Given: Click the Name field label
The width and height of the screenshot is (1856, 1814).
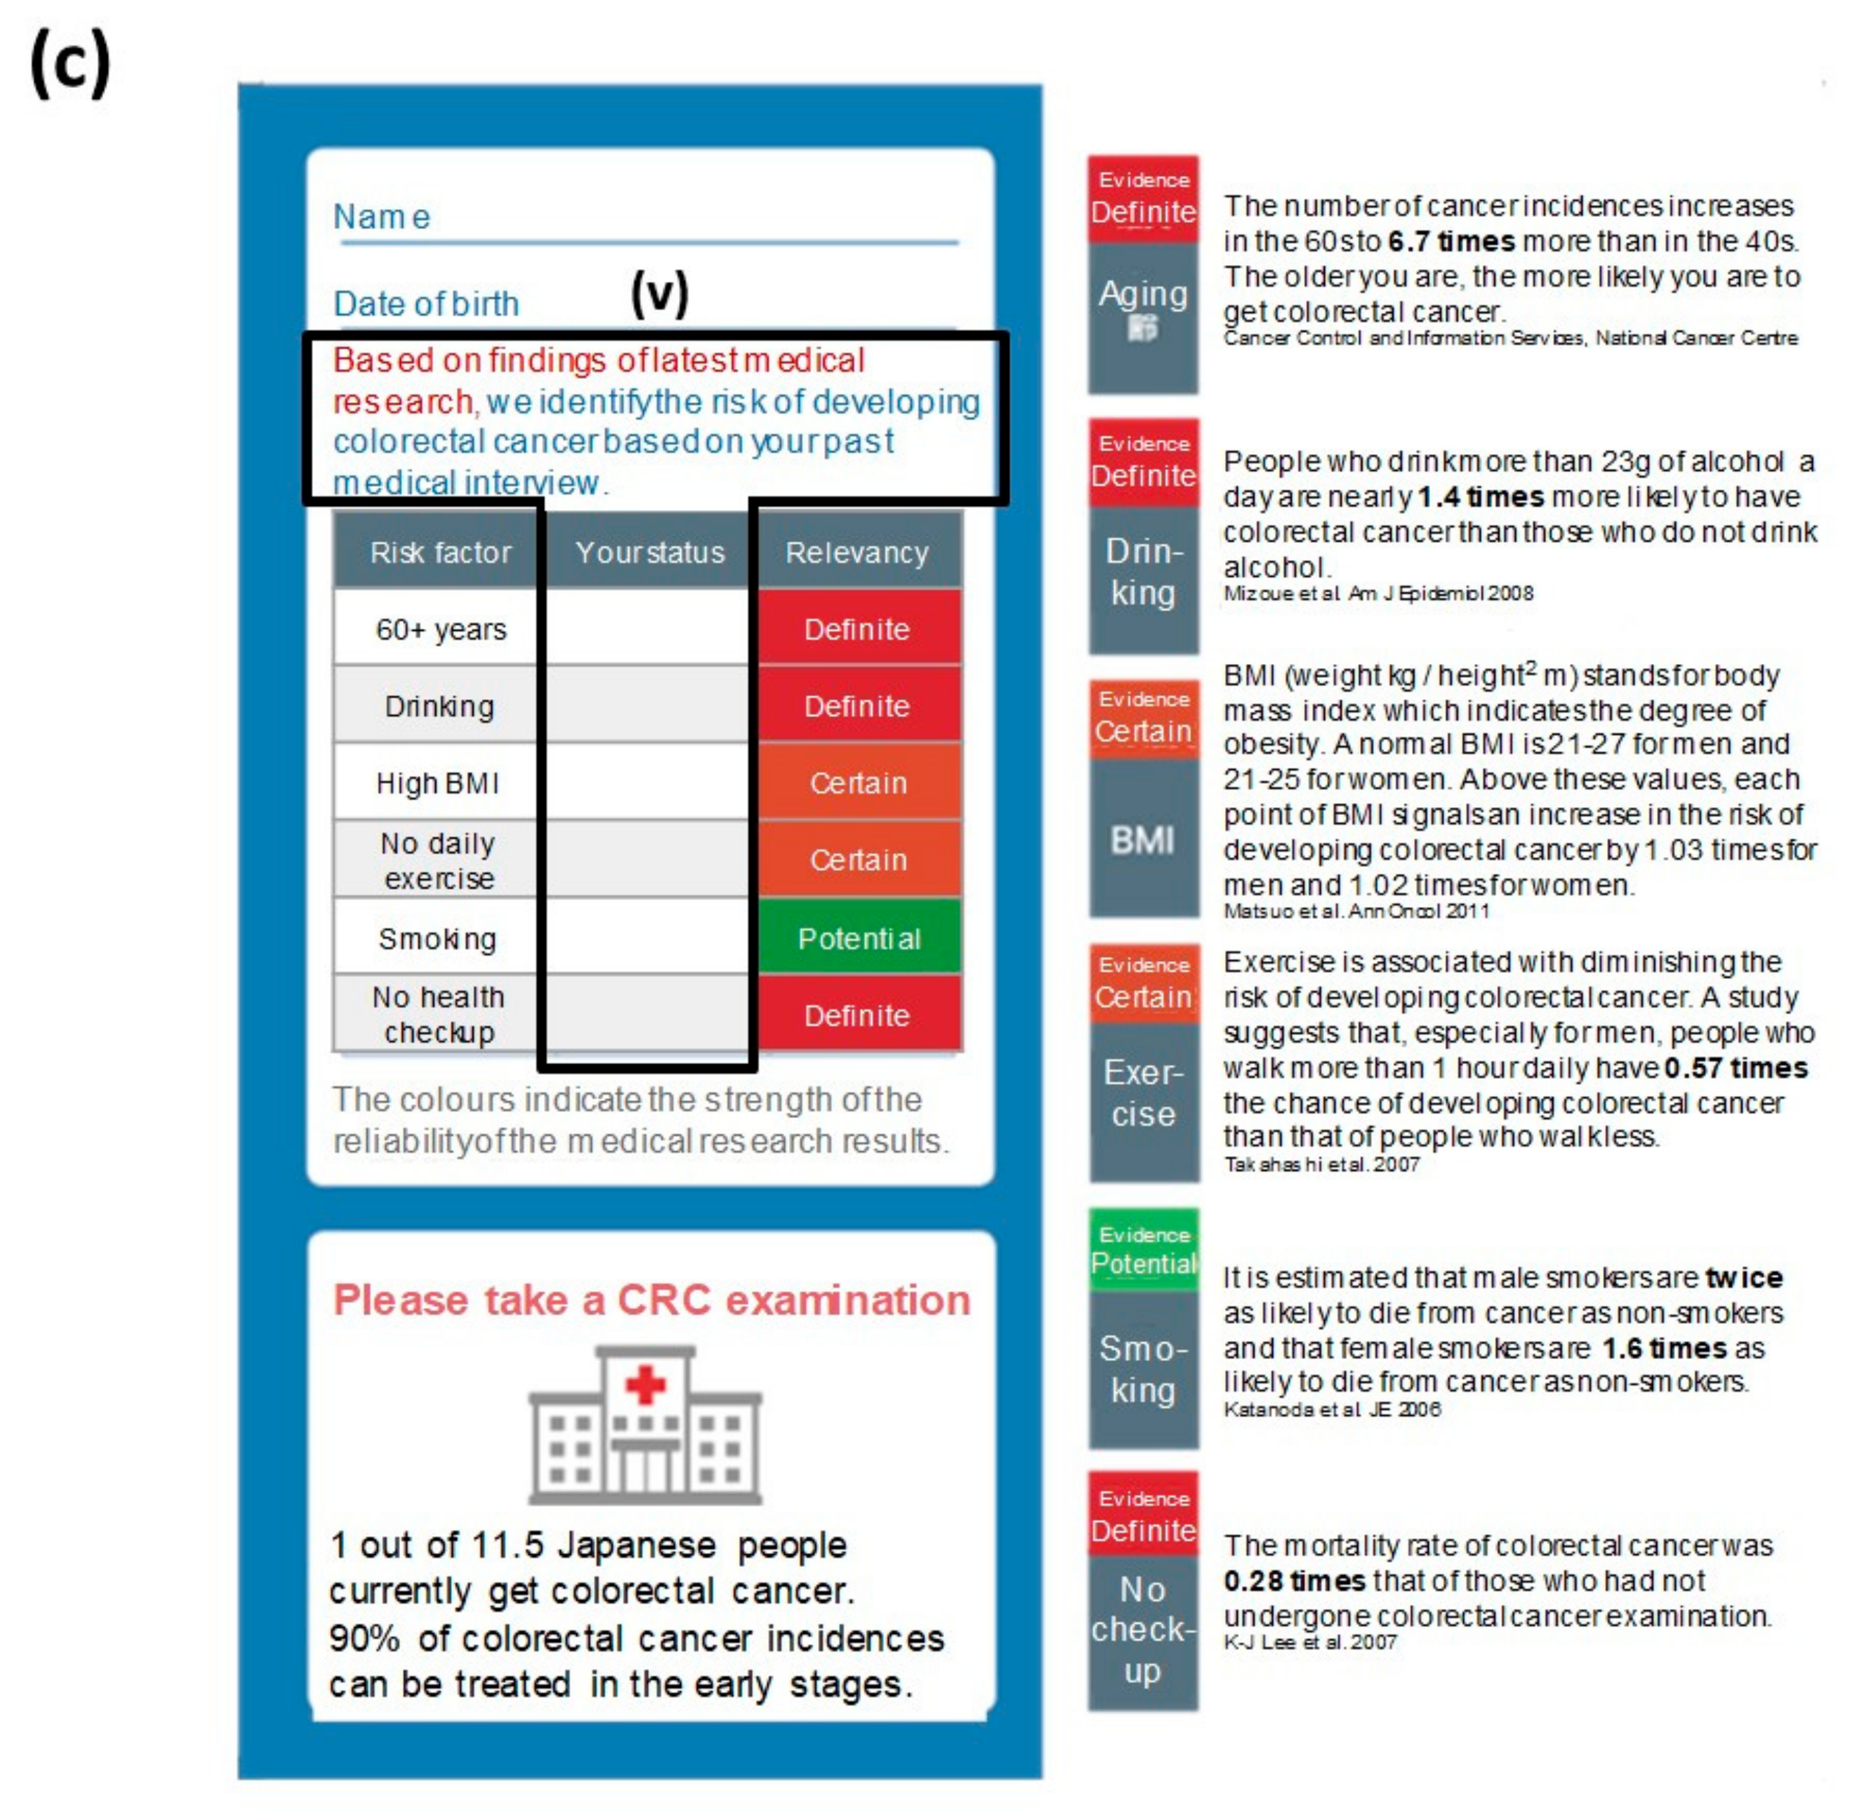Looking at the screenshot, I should coord(381,217).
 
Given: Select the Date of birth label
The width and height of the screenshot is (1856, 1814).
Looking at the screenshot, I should coord(425,304).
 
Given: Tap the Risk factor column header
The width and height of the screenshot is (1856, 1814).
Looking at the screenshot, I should coord(440,553).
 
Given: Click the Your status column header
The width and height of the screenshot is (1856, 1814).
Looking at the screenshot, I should coord(650,553).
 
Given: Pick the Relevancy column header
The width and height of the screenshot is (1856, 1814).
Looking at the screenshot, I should coord(857,553).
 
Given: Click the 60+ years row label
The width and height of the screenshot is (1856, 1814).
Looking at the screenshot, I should coord(441,630).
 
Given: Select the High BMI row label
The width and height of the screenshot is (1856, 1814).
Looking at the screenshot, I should coord(437,783).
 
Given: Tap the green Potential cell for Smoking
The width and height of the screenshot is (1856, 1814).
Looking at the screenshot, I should coord(859,938).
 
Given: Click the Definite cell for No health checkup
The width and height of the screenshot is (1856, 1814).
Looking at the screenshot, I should coord(857,1016).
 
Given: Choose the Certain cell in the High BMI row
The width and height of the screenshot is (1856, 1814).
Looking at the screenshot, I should coord(859,783).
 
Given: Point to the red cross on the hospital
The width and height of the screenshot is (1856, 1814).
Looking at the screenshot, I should coord(646,1384).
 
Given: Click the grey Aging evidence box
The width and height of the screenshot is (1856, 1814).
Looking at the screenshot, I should coord(1143,316).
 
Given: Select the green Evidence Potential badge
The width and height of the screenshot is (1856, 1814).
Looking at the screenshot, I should coord(1144,1250).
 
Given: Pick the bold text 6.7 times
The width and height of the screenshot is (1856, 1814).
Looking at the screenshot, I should coord(1451,241).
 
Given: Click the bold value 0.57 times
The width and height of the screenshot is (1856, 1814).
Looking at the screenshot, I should coord(1735,1068).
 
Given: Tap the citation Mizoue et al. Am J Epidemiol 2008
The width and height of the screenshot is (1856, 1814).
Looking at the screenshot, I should coord(1378,593).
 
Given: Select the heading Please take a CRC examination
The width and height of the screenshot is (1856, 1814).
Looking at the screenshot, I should coord(651,1301).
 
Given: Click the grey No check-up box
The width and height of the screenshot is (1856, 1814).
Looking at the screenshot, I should coord(1143,1630).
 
